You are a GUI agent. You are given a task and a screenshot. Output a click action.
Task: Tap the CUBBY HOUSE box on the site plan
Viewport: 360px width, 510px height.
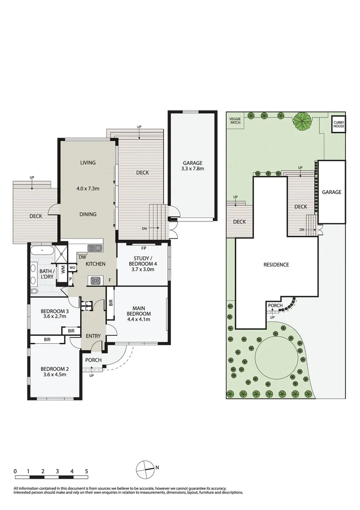[339, 124]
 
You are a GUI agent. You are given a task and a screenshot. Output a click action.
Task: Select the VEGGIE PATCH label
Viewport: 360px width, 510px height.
[234, 121]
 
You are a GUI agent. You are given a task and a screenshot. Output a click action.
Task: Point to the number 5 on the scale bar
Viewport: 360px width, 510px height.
[86, 471]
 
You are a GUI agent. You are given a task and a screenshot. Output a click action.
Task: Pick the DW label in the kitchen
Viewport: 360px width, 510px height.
[82, 257]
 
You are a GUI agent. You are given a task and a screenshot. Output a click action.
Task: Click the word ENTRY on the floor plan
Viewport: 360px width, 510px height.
[93, 336]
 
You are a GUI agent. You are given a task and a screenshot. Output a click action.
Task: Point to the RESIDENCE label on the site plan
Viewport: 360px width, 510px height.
[276, 264]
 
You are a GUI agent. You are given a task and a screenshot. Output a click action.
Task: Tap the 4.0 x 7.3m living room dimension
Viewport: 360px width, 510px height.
[88, 188]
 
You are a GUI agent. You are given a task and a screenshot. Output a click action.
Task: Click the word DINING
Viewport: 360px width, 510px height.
[88, 214]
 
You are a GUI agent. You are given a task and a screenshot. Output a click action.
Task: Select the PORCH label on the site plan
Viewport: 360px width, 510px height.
[275, 306]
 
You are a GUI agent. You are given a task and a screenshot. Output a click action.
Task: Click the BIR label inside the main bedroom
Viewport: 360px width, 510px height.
[110, 303]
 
